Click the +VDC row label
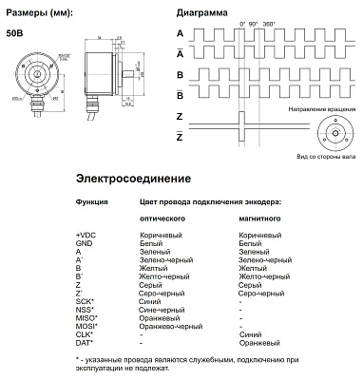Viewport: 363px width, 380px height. tap(86, 233)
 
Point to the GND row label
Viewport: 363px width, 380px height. tap(84, 242)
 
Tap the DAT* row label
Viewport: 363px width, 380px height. tap(85, 342)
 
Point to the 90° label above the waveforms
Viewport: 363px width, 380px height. tap(256, 22)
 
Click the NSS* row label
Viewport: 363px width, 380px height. tap(85, 311)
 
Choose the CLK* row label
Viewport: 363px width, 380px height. tap(85, 334)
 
